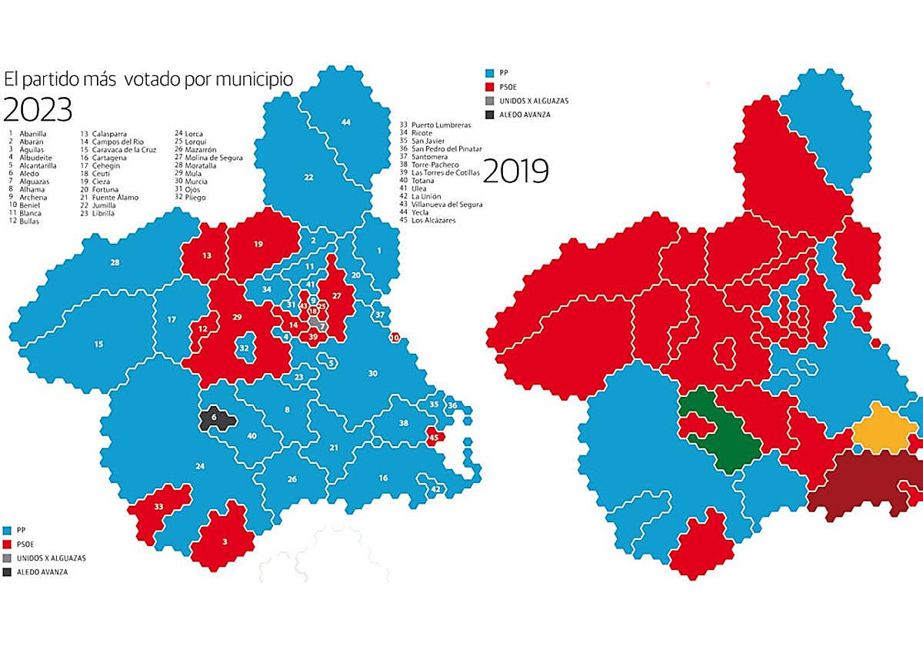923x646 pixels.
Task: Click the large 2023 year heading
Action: (x=38, y=109)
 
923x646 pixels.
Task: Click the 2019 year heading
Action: (x=516, y=171)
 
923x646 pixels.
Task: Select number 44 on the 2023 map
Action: (x=346, y=123)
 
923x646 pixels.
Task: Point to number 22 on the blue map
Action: (x=308, y=178)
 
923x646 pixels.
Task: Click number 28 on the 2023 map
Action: (x=115, y=263)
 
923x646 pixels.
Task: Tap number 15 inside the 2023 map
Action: (x=98, y=344)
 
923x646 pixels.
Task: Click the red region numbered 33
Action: (x=158, y=508)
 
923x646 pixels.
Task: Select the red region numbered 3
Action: (x=225, y=541)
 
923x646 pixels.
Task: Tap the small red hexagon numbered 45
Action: (x=434, y=438)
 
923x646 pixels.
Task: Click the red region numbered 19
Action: (x=258, y=244)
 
